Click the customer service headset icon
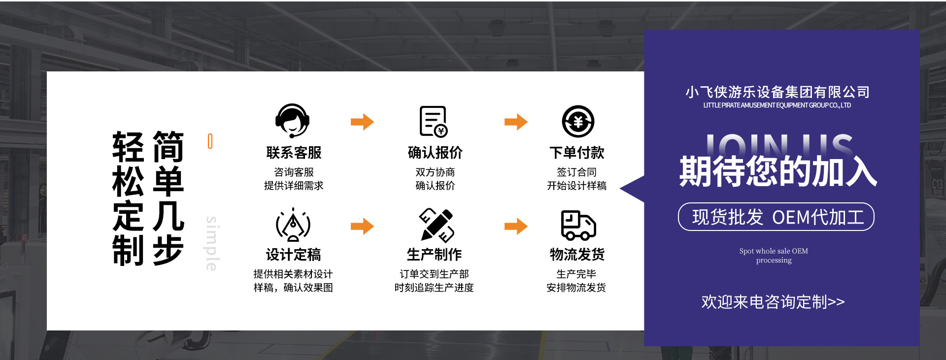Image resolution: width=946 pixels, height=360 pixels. point(292,121)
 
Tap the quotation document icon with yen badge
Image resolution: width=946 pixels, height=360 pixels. point(433,121)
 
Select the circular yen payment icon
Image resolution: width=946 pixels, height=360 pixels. point(578,121)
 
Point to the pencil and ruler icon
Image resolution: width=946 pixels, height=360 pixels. point(436,225)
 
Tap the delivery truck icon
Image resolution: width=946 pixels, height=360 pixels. point(578,225)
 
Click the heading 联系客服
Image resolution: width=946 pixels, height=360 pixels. point(294,153)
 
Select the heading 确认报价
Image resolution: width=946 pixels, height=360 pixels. point(435,153)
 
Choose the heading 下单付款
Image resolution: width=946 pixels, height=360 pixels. point(576,153)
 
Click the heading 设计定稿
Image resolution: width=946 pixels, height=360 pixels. point(293,255)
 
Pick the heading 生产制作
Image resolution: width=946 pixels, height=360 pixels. point(434,255)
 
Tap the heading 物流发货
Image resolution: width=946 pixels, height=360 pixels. point(577,255)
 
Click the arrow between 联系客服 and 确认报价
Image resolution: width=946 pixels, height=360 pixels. point(362,122)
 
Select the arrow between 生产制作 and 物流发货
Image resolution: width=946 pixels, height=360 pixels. point(516,226)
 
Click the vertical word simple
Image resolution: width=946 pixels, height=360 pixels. point(212,243)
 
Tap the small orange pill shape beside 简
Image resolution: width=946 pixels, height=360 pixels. point(210,141)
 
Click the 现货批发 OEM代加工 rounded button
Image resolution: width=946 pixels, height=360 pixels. point(776,217)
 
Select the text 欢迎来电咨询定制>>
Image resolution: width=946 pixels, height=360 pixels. point(773,302)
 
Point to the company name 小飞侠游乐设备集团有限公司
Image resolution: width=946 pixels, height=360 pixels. point(777,92)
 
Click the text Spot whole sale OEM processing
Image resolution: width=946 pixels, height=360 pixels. point(774,256)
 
